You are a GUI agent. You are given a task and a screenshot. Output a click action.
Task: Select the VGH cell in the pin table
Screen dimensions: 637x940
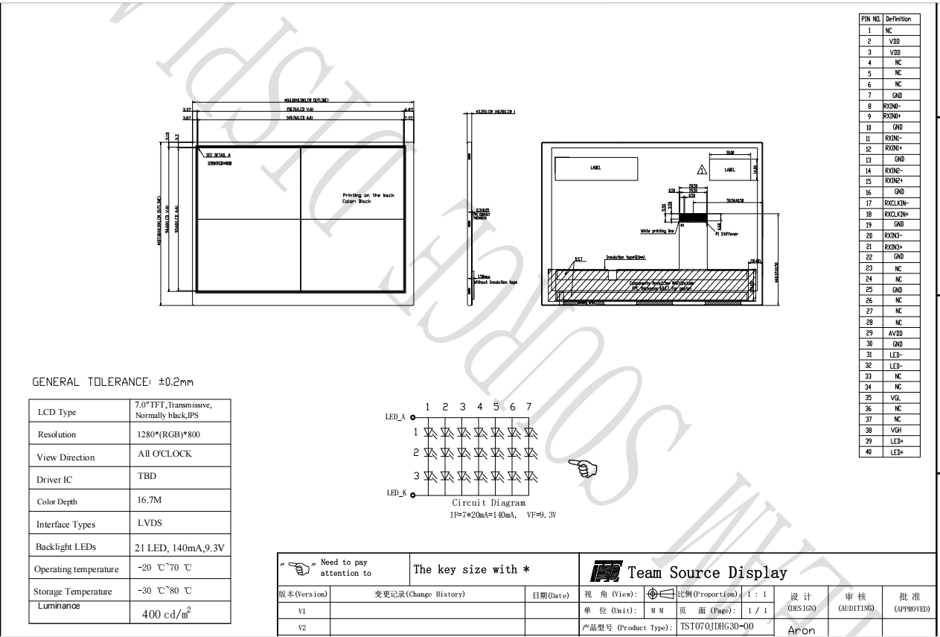pos(897,430)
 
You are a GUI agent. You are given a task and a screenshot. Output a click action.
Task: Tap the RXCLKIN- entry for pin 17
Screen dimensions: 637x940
pos(896,203)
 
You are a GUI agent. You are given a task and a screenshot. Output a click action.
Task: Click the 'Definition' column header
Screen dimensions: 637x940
pos(898,19)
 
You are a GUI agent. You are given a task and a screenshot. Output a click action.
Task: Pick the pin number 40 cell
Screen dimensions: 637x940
pos(869,451)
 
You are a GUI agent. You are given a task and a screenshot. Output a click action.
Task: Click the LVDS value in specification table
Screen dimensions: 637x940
pos(150,523)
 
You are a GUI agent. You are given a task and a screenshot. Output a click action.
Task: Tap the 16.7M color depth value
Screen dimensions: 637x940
pos(150,500)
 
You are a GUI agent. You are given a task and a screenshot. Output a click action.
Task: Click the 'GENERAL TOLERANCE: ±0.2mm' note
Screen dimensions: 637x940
pos(112,382)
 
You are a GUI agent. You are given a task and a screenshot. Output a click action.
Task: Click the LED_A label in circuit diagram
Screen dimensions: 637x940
pos(395,417)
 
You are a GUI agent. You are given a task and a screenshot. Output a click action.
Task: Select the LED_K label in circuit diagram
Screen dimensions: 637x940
pos(396,492)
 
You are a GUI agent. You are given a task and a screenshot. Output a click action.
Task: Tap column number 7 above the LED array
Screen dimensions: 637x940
pos(528,407)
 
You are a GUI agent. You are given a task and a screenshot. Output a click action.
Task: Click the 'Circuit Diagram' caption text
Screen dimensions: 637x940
pos(488,503)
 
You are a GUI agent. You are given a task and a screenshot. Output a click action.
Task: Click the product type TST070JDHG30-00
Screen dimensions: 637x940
pos(716,627)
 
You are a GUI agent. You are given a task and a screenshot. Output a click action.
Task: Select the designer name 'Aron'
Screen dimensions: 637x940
pos(802,630)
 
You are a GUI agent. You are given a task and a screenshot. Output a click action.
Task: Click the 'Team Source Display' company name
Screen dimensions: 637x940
pos(707,572)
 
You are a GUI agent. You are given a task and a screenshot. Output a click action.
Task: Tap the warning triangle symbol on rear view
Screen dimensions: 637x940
pos(700,169)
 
